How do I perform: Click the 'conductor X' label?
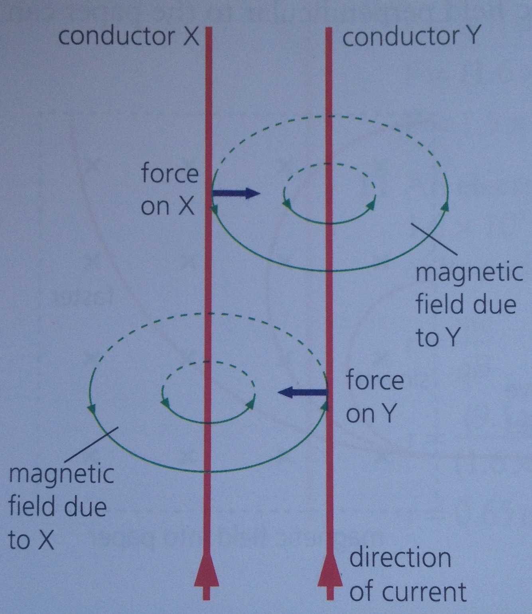click(x=128, y=37)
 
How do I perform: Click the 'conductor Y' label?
click(x=410, y=37)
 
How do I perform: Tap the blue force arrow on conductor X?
click(x=235, y=193)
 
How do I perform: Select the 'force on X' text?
click(x=169, y=190)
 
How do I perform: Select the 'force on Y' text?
click(x=374, y=397)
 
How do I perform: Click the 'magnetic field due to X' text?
click(x=60, y=507)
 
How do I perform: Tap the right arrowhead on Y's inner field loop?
click(x=371, y=204)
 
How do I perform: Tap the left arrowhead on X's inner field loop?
click(x=165, y=403)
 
